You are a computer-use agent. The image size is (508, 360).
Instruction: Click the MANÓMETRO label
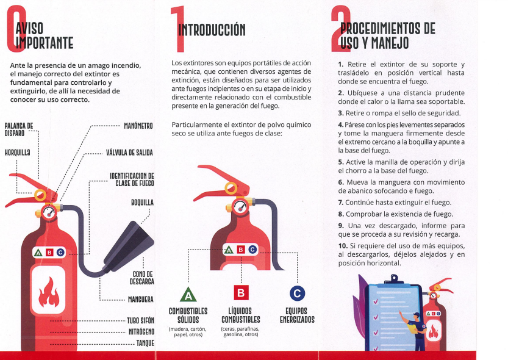click(138, 126)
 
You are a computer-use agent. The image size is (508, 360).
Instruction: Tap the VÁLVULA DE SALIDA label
click(129, 153)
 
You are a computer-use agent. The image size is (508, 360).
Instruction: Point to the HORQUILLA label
click(18, 153)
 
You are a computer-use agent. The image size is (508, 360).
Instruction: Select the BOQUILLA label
click(142, 203)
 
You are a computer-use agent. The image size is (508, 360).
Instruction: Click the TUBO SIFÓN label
click(140, 320)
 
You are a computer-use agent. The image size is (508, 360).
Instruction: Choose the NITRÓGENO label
click(141, 331)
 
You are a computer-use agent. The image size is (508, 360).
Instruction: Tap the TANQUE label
click(145, 343)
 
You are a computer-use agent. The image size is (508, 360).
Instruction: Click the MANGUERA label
click(141, 300)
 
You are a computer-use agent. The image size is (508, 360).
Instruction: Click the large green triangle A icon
click(188, 295)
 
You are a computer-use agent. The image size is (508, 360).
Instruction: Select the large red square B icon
click(241, 293)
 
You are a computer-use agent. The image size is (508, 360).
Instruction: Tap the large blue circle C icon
click(297, 293)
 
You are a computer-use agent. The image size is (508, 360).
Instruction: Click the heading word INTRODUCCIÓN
click(212, 30)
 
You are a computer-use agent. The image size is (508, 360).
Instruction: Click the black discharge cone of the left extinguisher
click(129, 247)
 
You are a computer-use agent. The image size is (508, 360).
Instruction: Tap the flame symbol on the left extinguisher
click(49, 292)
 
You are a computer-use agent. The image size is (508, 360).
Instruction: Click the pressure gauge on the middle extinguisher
click(240, 206)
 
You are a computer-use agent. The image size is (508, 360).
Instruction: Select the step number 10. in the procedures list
click(343, 246)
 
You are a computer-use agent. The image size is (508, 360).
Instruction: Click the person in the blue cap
click(414, 331)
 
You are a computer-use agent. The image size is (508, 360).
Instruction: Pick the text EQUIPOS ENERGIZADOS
click(297, 315)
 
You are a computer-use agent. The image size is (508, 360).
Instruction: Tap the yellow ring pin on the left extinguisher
click(40, 195)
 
